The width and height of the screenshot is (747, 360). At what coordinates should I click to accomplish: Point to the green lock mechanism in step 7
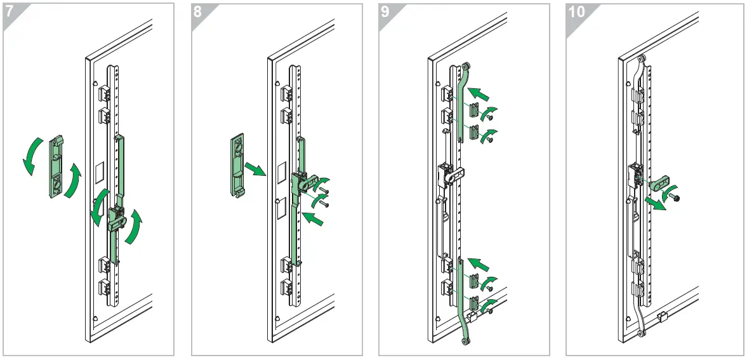[117, 218]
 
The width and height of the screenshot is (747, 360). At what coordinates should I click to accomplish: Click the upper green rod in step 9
[463, 102]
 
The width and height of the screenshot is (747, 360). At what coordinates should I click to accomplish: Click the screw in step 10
[677, 199]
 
